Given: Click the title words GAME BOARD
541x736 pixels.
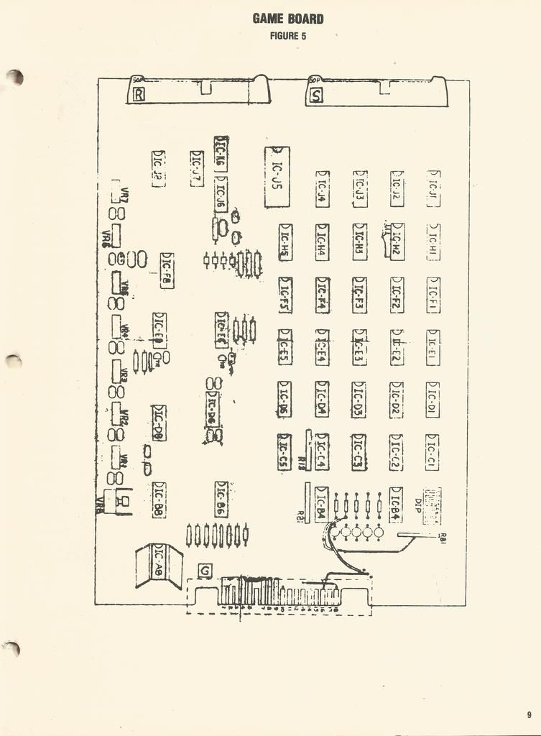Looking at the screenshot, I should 288,19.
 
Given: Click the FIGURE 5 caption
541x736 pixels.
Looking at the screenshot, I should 288,36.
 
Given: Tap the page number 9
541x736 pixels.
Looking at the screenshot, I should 529,715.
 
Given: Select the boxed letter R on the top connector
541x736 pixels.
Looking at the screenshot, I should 139,93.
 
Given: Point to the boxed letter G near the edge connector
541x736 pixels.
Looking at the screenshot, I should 205,571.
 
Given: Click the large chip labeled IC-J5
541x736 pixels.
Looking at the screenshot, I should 277,177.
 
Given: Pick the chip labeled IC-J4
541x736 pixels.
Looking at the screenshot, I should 323,190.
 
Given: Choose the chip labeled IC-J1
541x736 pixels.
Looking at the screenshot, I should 433,189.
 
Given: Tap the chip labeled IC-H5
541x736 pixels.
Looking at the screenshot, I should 285,242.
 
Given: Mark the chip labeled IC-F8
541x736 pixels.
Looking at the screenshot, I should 167,271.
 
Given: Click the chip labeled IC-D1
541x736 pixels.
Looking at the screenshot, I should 432,400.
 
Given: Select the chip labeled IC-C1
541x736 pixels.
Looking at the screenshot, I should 432,452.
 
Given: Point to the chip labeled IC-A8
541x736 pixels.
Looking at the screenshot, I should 159,564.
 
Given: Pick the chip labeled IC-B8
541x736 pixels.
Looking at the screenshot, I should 159,500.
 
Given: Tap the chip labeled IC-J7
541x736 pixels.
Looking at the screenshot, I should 196,169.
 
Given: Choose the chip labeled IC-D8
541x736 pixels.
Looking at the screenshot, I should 159,423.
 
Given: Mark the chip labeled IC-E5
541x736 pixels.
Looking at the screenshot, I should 285,347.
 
